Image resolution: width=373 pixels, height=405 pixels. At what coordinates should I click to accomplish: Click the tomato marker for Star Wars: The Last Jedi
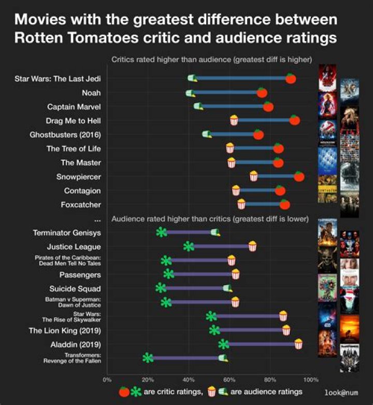[291, 78]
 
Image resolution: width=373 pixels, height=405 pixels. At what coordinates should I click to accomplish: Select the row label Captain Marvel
[74, 107]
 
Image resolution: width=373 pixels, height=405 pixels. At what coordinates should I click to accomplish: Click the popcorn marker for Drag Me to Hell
[234, 121]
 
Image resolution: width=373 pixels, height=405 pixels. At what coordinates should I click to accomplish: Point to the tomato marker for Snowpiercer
[299, 176]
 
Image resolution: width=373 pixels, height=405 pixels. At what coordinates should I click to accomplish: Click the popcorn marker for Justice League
[252, 246]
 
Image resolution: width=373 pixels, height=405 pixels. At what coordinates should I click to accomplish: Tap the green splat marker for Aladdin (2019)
[223, 344]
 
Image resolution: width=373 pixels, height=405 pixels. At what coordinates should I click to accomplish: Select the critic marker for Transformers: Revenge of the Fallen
[148, 357]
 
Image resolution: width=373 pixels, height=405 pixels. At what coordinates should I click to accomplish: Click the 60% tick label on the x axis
[229, 380]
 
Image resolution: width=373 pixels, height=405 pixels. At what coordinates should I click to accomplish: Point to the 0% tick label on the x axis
[107, 380]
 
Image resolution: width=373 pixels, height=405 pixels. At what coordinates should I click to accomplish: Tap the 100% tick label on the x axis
[310, 380]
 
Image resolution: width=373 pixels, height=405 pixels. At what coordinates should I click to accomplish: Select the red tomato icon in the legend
[124, 392]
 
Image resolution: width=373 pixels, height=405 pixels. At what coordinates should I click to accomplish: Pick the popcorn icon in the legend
[211, 392]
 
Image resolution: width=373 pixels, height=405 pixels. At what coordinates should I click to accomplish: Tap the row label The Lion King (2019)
[64, 330]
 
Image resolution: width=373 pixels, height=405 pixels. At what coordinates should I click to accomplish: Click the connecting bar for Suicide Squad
[194, 288]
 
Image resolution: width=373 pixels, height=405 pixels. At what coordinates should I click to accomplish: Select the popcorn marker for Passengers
[236, 274]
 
